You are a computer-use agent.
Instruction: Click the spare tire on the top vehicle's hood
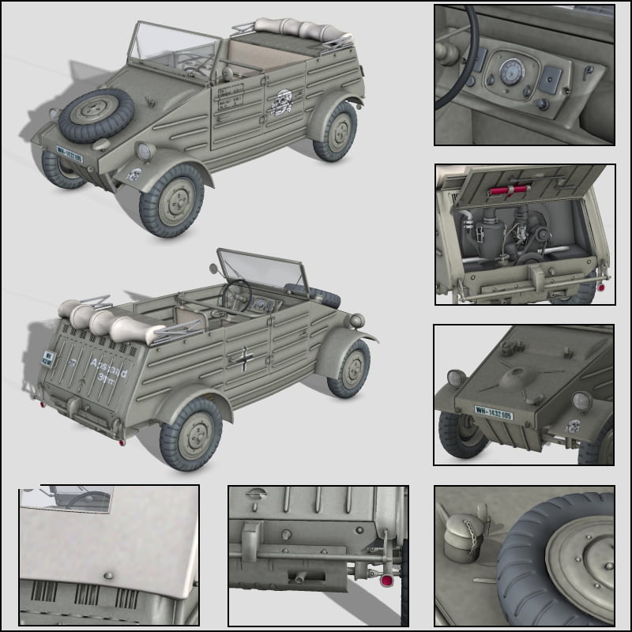tap(96, 116)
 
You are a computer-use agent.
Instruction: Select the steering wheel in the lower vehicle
tap(237, 295)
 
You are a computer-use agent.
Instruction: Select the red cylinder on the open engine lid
tap(510, 190)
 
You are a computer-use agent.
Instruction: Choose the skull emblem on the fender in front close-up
tap(574, 427)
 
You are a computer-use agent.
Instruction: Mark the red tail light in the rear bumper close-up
tap(387, 581)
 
